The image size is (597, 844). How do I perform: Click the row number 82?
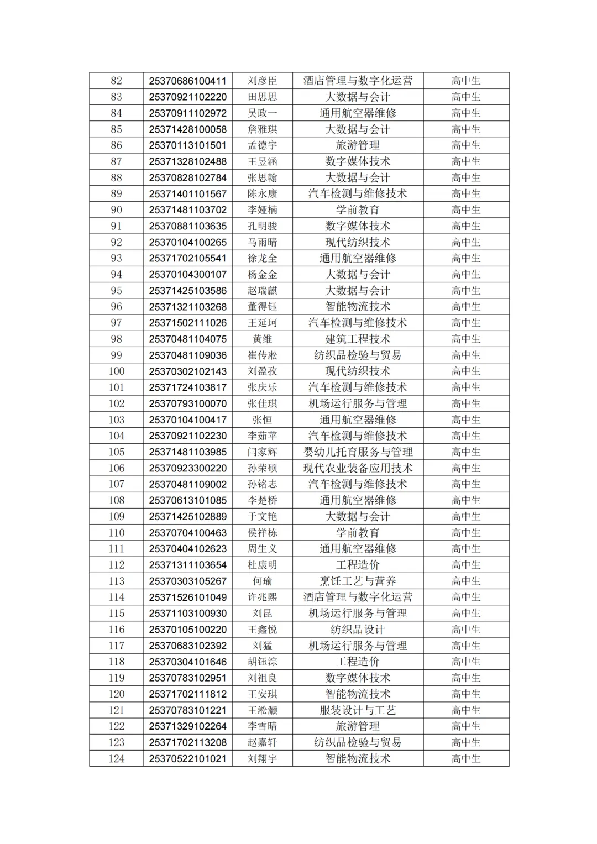pyautogui.click(x=116, y=81)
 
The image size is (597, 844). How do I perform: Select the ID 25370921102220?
pyautogui.click(x=187, y=97)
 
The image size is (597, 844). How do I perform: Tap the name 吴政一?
pyautogui.click(x=262, y=113)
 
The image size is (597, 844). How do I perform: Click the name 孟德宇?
pyautogui.click(x=262, y=145)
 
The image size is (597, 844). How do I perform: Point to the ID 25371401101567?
pyautogui.click(x=187, y=193)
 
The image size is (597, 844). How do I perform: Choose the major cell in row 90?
pyautogui.click(x=358, y=210)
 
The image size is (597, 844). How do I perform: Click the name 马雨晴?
pyautogui.click(x=262, y=242)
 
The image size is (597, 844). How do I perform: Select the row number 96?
pyautogui.click(x=116, y=307)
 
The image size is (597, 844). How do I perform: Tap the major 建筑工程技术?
pyautogui.click(x=358, y=339)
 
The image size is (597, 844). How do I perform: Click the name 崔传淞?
pyautogui.click(x=262, y=355)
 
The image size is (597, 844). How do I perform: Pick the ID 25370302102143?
pyautogui.click(x=187, y=371)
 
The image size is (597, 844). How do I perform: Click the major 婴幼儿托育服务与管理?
pyautogui.click(x=358, y=452)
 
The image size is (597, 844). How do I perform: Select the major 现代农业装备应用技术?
pyautogui.click(x=358, y=468)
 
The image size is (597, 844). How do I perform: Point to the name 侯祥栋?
pyautogui.click(x=262, y=533)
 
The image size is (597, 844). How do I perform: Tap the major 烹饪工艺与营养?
pyautogui.click(x=358, y=581)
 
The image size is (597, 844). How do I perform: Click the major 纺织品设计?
pyautogui.click(x=358, y=630)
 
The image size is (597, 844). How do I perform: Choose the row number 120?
pyautogui.click(x=116, y=694)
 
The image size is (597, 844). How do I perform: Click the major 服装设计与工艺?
pyautogui.click(x=358, y=710)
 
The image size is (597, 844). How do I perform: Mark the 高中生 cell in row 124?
pyautogui.click(x=466, y=759)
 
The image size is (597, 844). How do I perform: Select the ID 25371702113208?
pyautogui.click(x=187, y=742)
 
